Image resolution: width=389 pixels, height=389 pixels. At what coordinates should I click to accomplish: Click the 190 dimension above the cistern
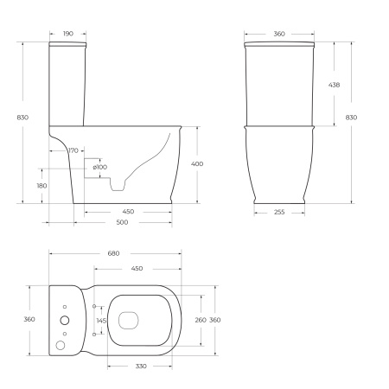[68, 34]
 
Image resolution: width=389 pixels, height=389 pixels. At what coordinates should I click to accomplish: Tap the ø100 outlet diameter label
[101, 167]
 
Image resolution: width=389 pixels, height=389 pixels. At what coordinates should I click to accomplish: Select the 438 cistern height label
[345, 85]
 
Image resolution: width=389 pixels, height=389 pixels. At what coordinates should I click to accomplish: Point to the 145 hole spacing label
[101, 321]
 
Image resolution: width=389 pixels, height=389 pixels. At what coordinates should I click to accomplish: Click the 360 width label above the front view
[279, 34]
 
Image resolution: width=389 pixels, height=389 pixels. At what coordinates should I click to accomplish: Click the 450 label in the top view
[137, 269]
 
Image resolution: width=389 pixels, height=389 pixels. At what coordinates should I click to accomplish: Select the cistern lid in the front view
[279, 43]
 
